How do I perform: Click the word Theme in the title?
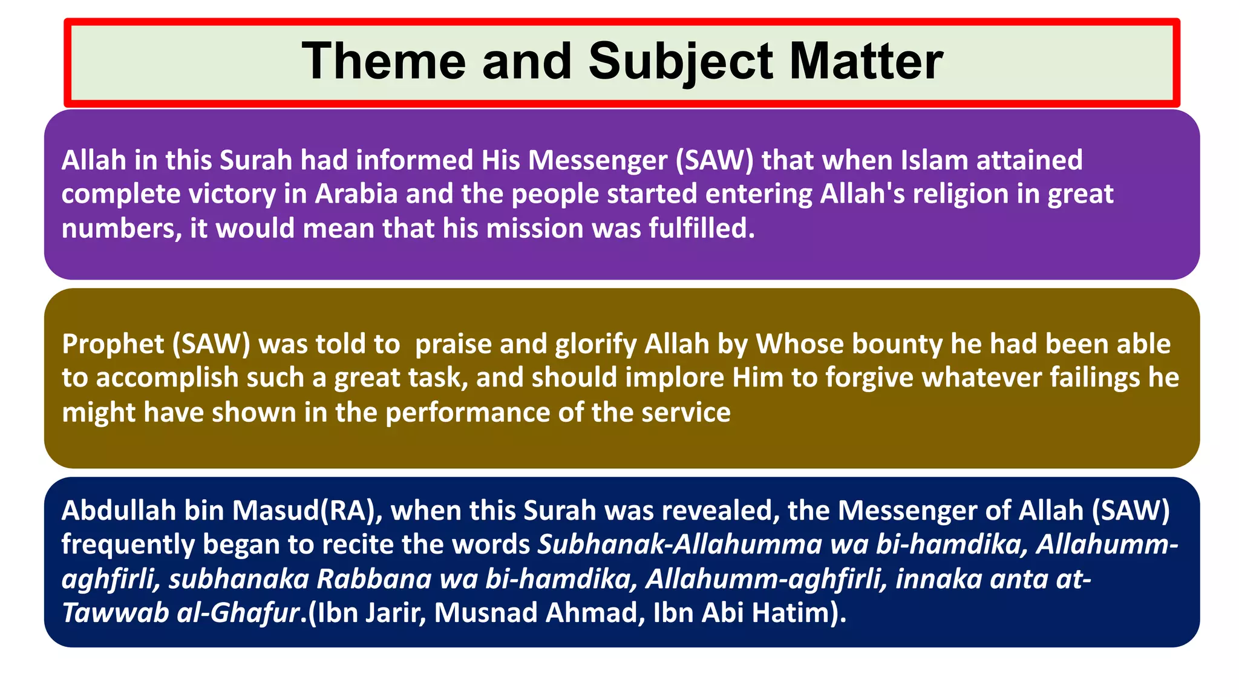point(384,61)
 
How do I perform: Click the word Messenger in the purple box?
point(598,161)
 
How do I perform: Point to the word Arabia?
point(356,194)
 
